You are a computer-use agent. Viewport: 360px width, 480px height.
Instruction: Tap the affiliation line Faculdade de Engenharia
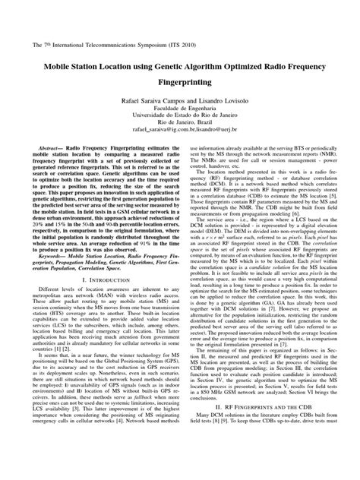tap(180, 112)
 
